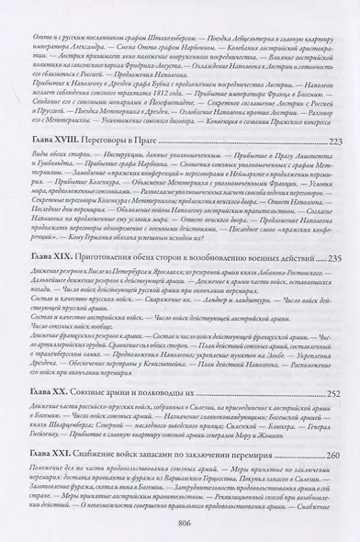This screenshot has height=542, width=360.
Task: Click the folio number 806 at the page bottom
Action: tap(180, 527)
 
